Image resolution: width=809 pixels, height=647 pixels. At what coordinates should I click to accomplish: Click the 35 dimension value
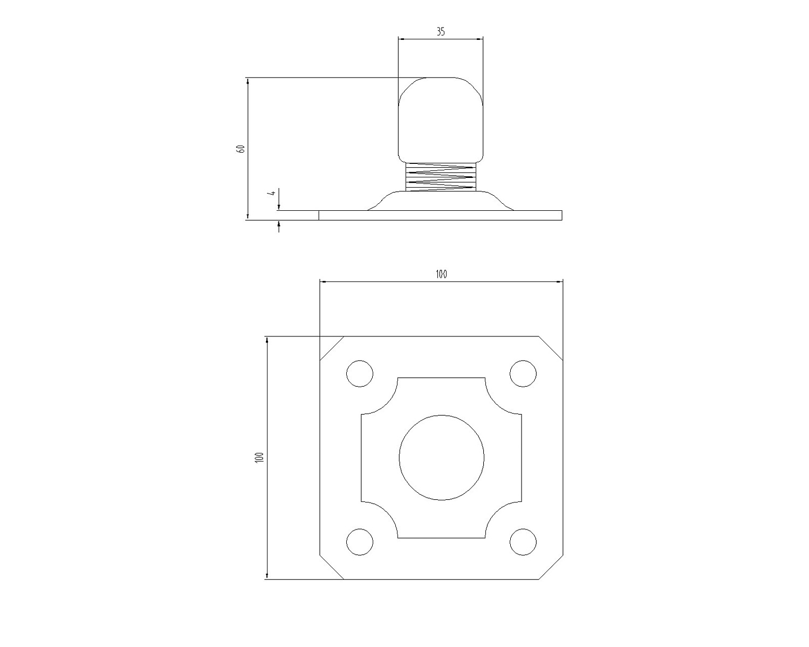(441, 32)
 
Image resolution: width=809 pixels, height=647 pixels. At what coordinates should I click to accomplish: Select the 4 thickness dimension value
(272, 193)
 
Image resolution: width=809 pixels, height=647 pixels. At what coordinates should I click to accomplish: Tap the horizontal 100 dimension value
(441, 274)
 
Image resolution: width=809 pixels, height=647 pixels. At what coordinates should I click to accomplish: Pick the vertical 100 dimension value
(259, 457)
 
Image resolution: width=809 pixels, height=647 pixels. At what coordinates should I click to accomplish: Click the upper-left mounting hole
(359, 373)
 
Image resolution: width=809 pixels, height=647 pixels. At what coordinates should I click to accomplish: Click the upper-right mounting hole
(523, 373)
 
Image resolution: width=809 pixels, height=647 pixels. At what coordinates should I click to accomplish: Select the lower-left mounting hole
(359, 542)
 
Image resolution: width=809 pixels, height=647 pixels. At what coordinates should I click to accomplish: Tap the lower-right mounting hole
(523, 542)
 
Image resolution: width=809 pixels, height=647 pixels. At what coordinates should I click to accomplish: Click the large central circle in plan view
(441, 458)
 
